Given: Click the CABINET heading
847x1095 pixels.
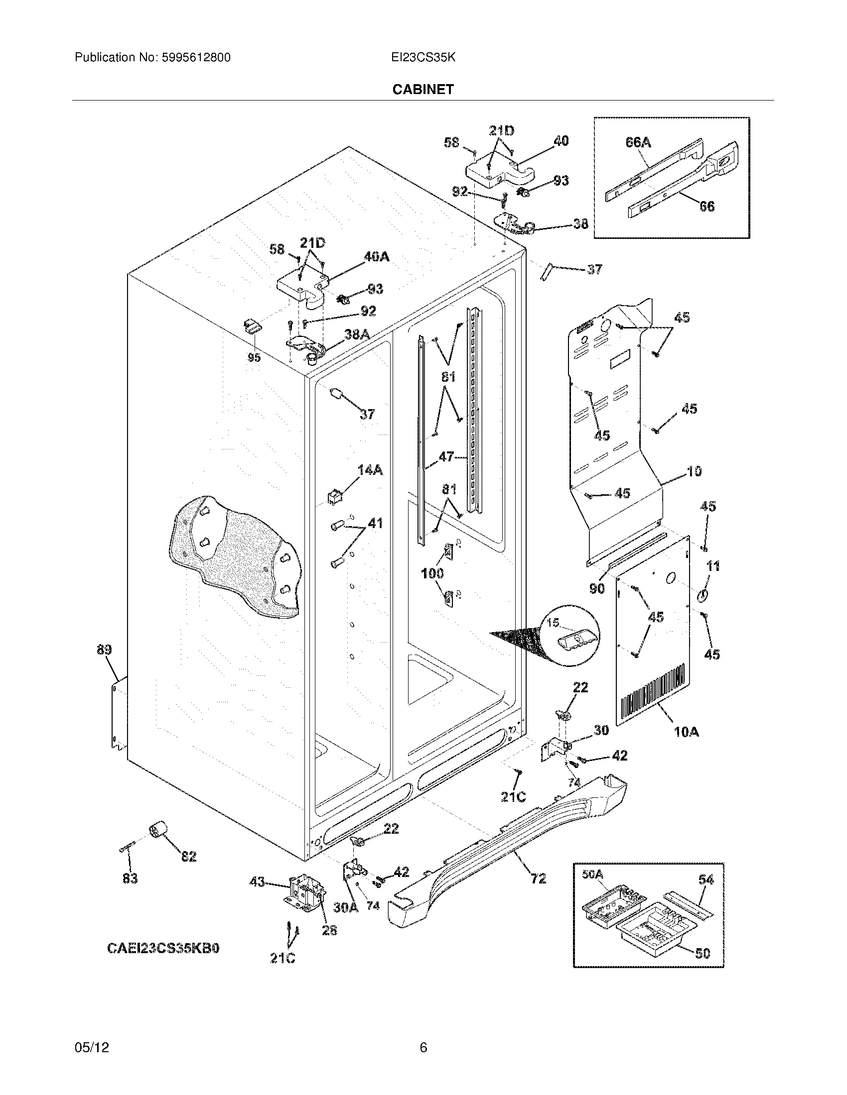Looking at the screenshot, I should pyautogui.click(x=423, y=89).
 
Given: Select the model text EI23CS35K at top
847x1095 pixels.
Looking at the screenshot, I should pyautogui.click(x=423, y=58).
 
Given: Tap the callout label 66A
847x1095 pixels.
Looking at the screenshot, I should pyautogui.click(x=638, y=142).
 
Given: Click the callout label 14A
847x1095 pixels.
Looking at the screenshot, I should pyautogui.click(x=370, y=470).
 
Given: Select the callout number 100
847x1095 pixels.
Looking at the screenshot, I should pyautogui.click(x=432, y=573).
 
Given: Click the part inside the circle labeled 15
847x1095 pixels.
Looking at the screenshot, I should pyautogui.click(x=576, y=640).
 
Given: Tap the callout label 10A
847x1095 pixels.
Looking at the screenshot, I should pyautogui.click(x=687, y=732).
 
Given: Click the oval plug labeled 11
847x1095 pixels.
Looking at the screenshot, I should pyautogui.click(x=703, y=596).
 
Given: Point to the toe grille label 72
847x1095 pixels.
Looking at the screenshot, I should pyautogui.click(x=538, y=878).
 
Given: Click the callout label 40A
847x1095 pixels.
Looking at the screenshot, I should pyautogui.click(x=376, y=257).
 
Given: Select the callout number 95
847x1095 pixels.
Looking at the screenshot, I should pyautogui.click(x=254, y=357).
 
